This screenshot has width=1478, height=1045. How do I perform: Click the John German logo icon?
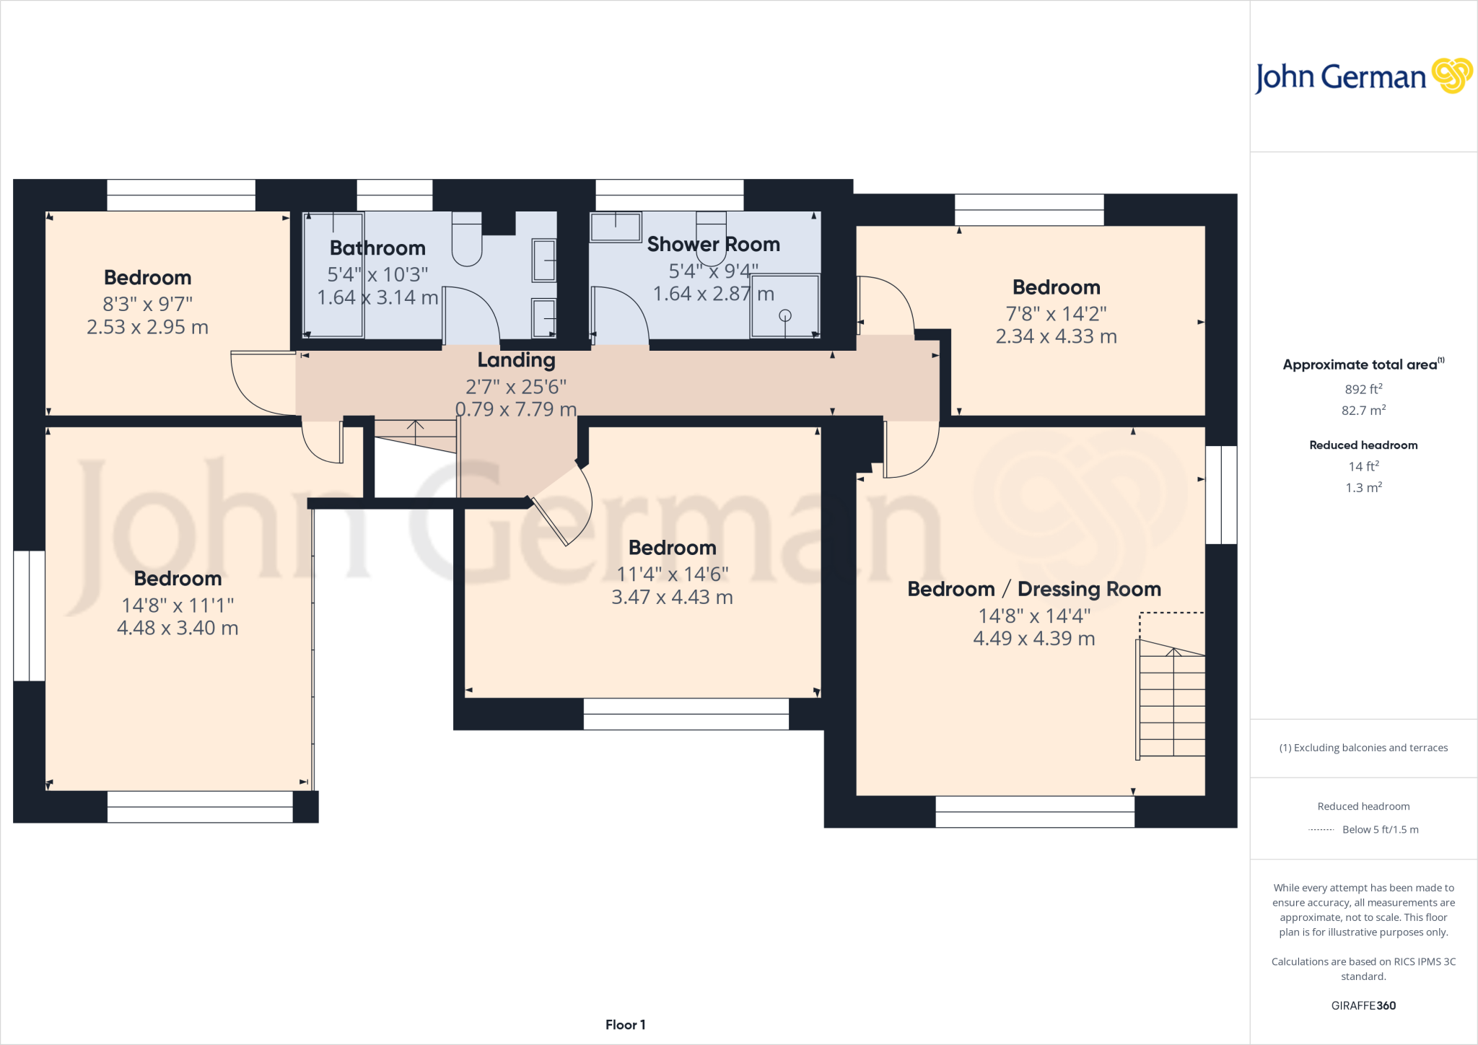coord(1451,75)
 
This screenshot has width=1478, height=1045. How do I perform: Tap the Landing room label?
coord(516,359)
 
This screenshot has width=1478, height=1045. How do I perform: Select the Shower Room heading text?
coord(713,244)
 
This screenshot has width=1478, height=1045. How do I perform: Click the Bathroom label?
coord(377,248)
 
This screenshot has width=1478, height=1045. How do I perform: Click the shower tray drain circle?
coord(785,315)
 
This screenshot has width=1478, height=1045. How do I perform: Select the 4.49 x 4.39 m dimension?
coord(1033,638)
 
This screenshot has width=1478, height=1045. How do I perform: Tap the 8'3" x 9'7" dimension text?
coord(147,304)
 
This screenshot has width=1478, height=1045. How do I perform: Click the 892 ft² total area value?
coord(1363,388)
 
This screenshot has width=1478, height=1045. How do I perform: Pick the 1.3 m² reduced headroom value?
coord(1363,487)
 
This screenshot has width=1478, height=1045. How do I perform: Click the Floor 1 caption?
coord(625,1024)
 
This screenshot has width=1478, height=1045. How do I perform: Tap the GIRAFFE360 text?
coord(1363,1005)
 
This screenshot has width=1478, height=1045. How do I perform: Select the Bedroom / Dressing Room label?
coord(1033,589)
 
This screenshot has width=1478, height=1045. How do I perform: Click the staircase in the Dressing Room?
coord(1172,704)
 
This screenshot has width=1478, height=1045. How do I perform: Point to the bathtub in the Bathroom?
coord(333,274)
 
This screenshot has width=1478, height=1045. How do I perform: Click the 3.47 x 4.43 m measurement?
coord(672,597)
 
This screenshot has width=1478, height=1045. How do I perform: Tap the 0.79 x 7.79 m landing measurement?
coord(516,409)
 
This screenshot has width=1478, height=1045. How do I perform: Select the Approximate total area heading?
coord(1363,364)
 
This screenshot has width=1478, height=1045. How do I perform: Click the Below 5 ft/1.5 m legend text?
coord(1380,829)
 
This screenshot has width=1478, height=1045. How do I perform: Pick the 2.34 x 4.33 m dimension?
coord(1056,336)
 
